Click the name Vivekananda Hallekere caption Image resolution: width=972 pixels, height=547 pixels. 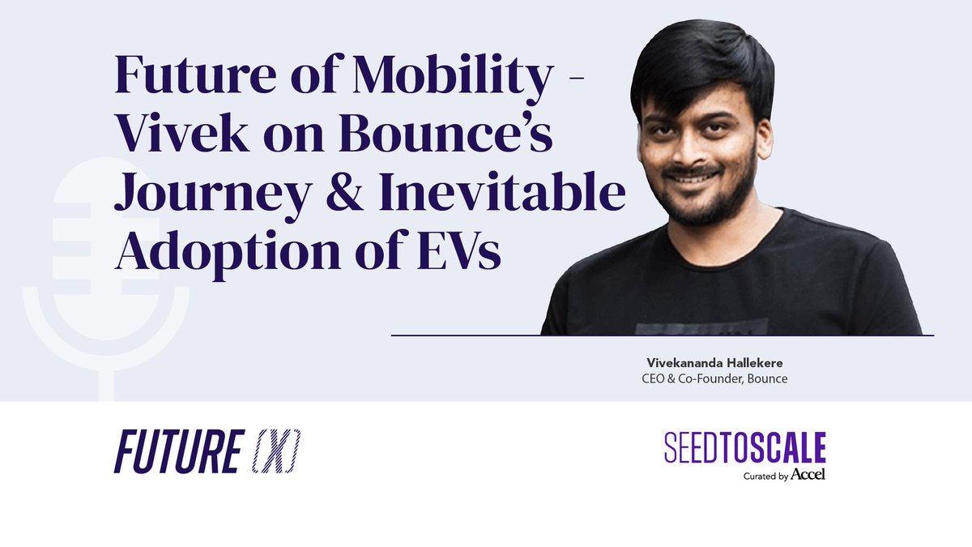[709, 363]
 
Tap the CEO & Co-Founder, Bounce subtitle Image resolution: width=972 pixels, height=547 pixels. [709, 378]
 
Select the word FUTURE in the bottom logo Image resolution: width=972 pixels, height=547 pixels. [176, 451]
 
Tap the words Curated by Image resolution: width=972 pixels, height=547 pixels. [765, 476]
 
